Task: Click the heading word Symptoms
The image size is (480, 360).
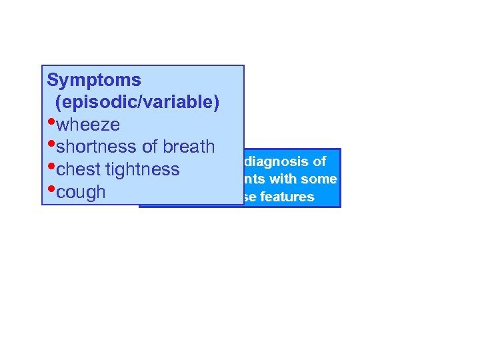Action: [94, 81]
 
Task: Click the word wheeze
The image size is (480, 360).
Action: [88, 125]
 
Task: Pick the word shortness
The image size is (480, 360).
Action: [97, 147]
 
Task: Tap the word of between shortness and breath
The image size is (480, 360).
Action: [147, 147]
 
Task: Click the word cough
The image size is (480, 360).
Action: [81, 192]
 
